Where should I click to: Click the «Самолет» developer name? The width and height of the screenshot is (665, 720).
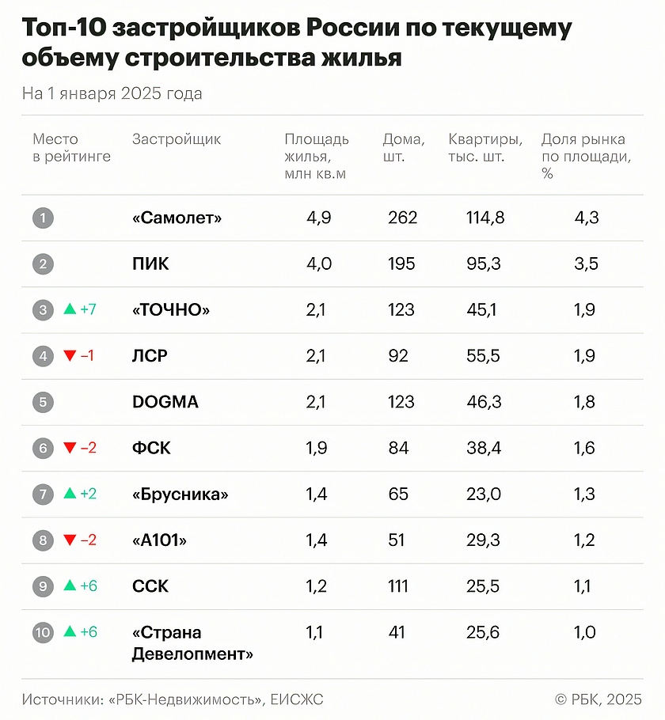177,218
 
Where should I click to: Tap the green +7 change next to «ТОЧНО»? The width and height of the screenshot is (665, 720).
88,309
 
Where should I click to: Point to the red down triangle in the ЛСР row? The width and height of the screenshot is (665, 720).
70,356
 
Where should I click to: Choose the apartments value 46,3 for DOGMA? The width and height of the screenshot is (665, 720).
484,402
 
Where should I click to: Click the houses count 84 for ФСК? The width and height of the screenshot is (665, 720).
398,448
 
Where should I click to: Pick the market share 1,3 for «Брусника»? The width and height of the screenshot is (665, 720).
585,495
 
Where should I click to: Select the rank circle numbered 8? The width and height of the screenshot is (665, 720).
43,540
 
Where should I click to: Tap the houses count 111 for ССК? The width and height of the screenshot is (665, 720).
398,586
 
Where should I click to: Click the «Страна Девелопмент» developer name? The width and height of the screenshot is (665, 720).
192,643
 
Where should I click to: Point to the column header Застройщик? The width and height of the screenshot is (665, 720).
177,140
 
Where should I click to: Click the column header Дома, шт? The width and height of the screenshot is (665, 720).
404,148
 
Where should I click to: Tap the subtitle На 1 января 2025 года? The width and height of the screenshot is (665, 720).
112,94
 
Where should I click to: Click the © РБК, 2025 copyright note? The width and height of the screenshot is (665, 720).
598,699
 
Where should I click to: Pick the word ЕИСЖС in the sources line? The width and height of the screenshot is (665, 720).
297,699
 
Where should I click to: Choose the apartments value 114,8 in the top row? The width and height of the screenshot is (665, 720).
484,218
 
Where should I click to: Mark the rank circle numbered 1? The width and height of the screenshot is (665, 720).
43,218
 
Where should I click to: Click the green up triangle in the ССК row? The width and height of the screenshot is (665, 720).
70,585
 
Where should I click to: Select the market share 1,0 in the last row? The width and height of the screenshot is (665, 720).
585,632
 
